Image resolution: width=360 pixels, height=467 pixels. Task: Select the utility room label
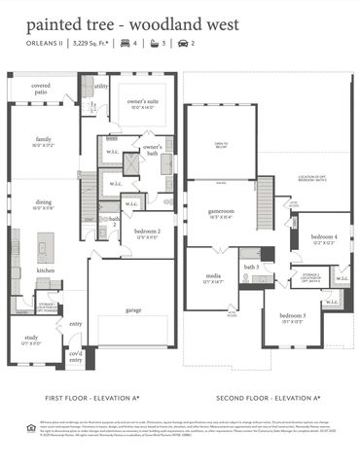coord(101,87)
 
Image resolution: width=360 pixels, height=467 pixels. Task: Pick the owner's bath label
coord(153,149)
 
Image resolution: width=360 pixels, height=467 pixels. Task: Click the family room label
coord(42,141)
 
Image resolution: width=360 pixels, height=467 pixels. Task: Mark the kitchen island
coord(45,244)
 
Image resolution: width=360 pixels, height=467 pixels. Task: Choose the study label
coord(29,340)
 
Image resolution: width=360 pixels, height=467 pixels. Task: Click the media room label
coord(212,279)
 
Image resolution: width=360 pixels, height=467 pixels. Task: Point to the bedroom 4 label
coord(324,239)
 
